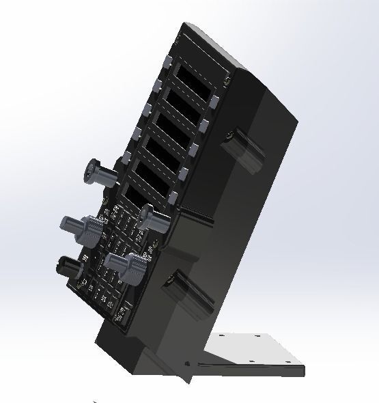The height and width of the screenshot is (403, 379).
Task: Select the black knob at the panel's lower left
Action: pos(68,265)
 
